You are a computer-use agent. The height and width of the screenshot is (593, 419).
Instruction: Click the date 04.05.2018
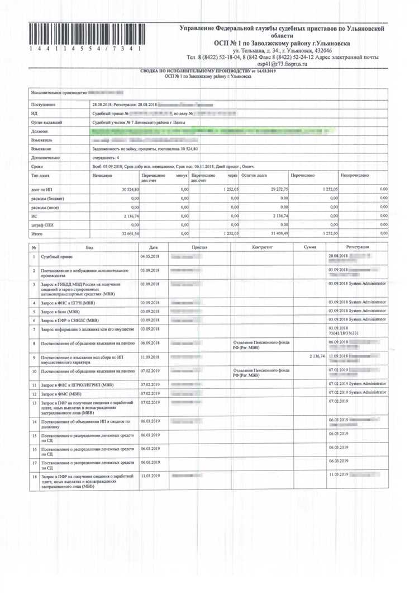[150, 257]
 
